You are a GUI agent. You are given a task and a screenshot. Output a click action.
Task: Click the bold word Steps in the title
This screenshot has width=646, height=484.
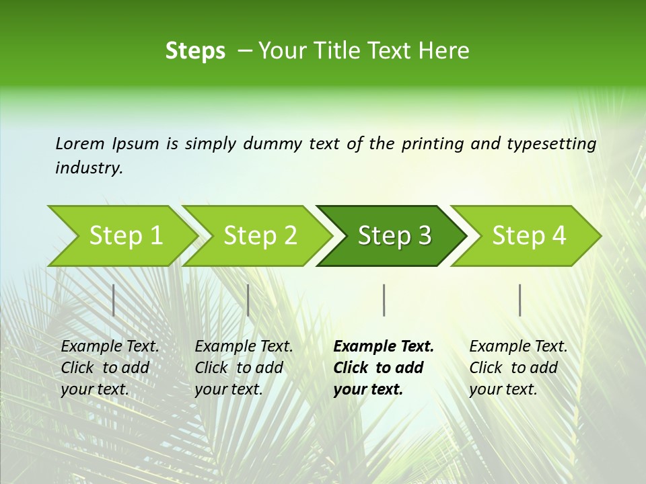(195, 51)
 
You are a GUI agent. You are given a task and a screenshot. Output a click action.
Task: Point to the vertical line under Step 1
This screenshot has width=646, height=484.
(114, 300)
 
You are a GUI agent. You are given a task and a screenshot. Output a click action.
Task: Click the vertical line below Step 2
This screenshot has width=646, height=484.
(248, 300)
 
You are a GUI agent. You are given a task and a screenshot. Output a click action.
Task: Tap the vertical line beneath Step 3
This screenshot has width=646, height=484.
(384, 300)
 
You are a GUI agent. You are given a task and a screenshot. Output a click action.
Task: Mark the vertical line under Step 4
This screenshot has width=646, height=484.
(520, 300)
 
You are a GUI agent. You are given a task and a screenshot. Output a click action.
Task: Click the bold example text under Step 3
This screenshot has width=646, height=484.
(384, 368)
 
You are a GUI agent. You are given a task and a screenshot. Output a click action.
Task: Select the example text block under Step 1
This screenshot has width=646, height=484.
(110, 368)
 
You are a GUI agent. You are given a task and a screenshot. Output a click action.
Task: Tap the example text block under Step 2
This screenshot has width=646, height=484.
(244, 368)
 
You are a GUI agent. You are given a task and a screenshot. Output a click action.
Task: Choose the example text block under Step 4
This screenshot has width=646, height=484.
(518, 368)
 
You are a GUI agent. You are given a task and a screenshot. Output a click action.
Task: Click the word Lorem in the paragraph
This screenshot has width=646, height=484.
(80, 144)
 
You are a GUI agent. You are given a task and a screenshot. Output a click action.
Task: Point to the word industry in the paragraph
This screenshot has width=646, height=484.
(88, 168)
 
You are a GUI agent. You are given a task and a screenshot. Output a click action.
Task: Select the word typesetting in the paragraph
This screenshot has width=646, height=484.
(551, 144)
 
